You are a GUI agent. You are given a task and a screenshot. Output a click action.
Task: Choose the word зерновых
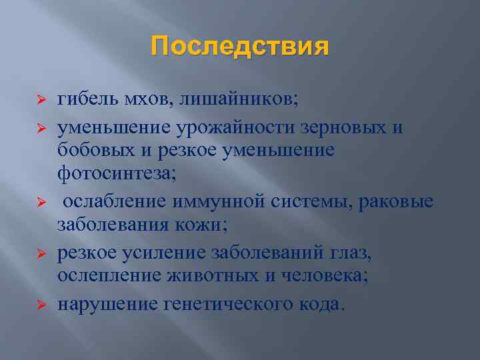coord(339,127)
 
